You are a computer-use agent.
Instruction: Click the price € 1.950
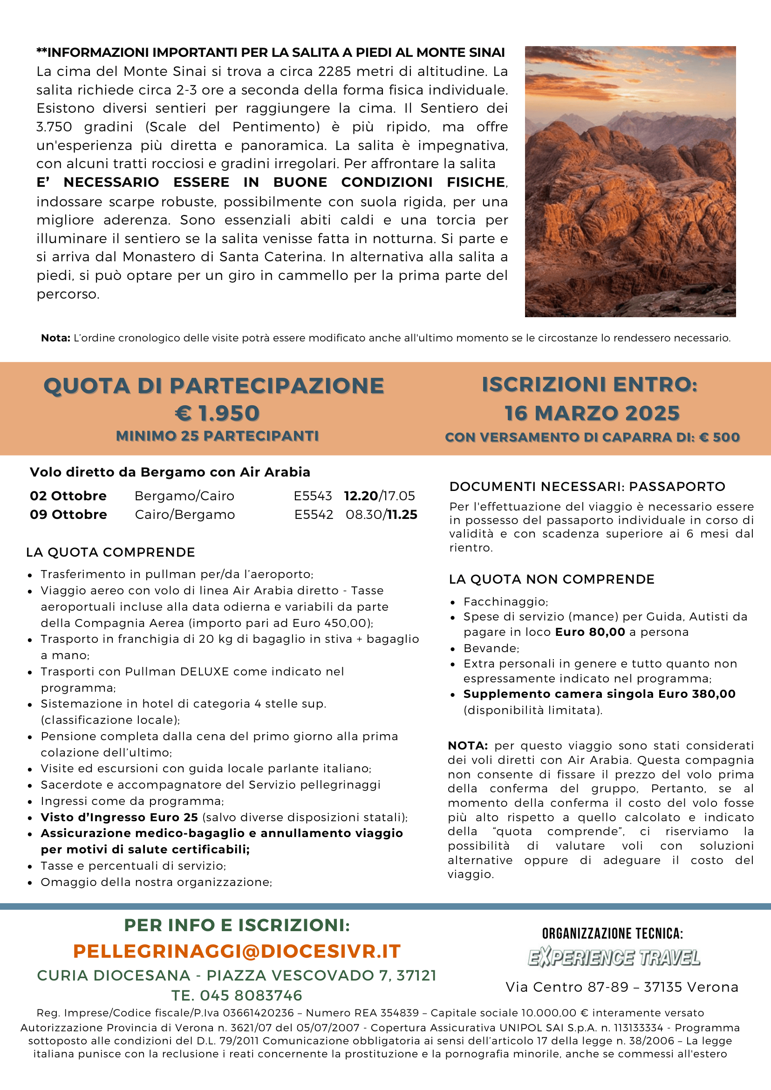point(218,413)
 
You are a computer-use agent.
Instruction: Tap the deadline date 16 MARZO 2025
point(592,413)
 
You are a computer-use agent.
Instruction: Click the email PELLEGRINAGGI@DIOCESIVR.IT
point(237,951)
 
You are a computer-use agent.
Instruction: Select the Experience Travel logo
point(614,958)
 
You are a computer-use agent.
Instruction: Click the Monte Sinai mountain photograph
point(630,181)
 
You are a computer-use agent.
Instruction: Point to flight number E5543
point(313,496)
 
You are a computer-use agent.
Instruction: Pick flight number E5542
point(314,515)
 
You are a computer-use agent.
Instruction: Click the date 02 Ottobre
point(68,496)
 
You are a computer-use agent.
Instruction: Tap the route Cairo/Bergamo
point(184,515)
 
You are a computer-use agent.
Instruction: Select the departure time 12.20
point(361,496)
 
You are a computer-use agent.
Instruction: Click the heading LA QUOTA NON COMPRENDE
point(552,579)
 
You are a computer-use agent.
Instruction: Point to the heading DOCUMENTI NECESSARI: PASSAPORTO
point(587,487)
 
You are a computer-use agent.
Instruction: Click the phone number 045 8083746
point(251,995)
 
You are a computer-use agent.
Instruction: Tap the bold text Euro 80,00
point(590,633)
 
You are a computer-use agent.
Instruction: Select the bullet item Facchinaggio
point(505,602)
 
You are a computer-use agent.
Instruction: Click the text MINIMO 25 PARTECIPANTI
point(218,436)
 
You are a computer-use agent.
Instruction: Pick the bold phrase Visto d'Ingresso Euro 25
point(119,817)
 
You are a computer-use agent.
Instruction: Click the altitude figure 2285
point(334,72)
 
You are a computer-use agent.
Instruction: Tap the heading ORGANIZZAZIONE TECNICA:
point(613,934)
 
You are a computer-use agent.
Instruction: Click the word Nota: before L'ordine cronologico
point(55,338)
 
